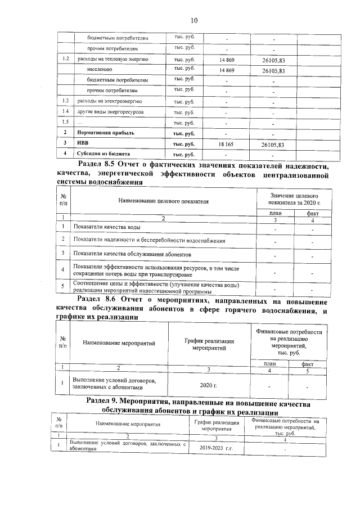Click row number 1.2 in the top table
coord(65,58)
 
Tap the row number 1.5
coord(65,122)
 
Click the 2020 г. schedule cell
coord(208,385)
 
